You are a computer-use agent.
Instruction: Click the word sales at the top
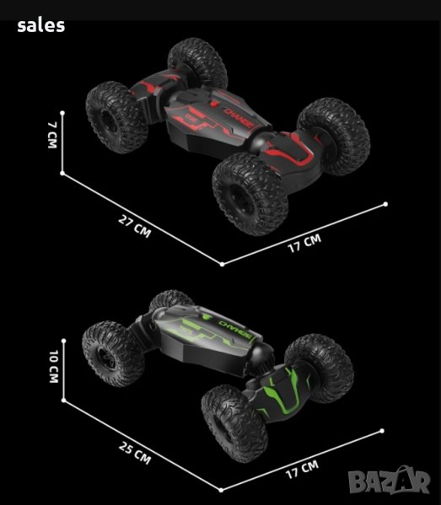(x=41, y=26)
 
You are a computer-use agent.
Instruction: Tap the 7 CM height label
(x=52, y=135)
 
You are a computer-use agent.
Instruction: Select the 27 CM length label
(x=135, y=226)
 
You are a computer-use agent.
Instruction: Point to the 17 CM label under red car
(x=304, y=243)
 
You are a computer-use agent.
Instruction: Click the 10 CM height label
(x=54, y=366)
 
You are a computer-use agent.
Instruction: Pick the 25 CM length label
(x=135, y=453)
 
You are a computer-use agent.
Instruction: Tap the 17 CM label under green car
(x=302, y=470)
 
